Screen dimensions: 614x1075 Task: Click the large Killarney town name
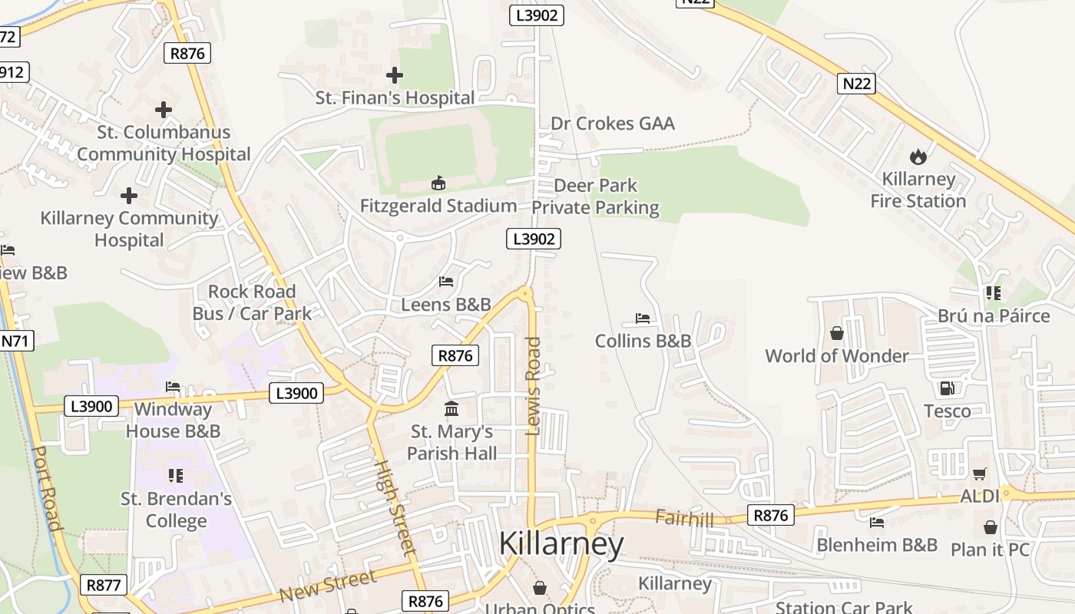561,543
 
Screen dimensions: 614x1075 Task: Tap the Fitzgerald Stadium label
438,206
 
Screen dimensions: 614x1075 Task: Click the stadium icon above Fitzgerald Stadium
438,183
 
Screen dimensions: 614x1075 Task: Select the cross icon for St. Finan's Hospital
395,75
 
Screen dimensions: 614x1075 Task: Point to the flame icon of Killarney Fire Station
918,157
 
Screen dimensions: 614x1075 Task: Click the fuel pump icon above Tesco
948,389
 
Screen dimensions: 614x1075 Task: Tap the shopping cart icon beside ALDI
979,474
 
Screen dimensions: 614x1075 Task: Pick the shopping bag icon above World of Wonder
837,333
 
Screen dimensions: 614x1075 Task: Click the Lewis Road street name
534,386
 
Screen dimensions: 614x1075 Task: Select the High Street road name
395,507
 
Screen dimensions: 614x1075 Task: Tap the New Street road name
328,586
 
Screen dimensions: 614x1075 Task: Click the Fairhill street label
684,519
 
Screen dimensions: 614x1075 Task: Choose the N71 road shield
16,340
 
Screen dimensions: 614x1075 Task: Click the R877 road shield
104,585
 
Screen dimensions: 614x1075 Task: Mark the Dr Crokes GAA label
612,124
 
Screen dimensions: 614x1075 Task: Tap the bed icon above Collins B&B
643,319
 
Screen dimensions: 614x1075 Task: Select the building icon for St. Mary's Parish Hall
451,409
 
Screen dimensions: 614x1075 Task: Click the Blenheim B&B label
877,545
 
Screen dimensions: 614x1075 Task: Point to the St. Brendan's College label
176,510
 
